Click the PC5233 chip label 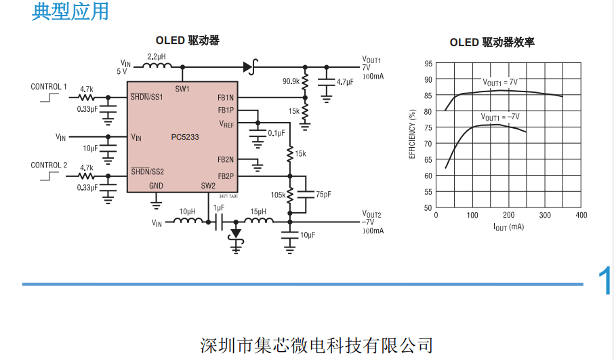click(185, 137)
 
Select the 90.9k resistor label click(291, 81)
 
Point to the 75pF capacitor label click(324, 195)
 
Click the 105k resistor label click(278, 195)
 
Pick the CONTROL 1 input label click(49, 86)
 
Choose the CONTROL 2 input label click(49, 165)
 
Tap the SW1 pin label click(182, 89)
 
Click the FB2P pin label click(226, 176)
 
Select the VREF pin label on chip click(226, 124)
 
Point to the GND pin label click(156, 186)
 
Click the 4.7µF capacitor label click(345, 82)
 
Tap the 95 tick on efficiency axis click(428, 64)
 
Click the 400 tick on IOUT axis click(581, 216)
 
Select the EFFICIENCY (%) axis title click(412, 134)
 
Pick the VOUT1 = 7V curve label click(499, 82)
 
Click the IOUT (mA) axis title click(508, 226)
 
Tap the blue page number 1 click(605, 282)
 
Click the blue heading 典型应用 click(70, 12)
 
